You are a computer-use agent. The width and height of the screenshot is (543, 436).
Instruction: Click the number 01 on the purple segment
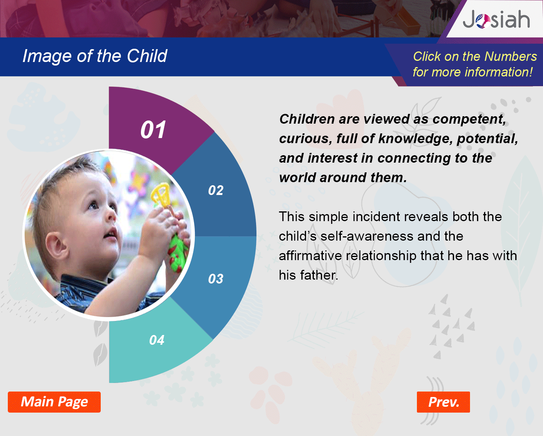click(x=153, y=129)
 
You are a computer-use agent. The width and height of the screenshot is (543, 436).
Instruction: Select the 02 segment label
click(x=216, y=190)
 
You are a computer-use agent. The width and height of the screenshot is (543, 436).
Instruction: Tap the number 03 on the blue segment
click(x=216, y=279)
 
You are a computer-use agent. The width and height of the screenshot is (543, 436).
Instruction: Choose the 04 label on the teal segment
click(x=157, y=340)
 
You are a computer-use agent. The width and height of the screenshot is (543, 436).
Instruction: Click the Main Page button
click(x=54, y=402)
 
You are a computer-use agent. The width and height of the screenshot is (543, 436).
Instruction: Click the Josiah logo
click(x=496, y=19)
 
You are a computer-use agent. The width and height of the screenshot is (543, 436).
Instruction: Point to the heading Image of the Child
click(x=94, y=56)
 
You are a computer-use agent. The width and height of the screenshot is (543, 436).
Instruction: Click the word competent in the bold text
click(x=469, y=119)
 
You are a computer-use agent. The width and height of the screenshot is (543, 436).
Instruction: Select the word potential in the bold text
click(x=488, y=139)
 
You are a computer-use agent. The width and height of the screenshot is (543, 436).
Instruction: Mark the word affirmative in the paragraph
click(x=310, y=256)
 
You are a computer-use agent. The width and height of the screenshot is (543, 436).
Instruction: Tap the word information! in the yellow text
click(x=498, y=72)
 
